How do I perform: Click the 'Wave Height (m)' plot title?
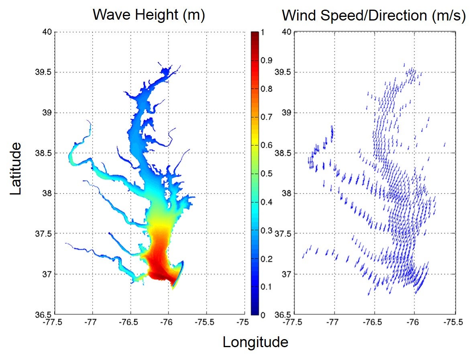coord(149,15)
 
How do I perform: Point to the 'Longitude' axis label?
coord(255,342)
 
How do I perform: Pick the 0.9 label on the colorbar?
coord(267,60)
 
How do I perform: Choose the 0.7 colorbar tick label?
coord(267,117)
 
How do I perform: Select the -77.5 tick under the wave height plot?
coord(54,322)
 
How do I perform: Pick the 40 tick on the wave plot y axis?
coord(47,32)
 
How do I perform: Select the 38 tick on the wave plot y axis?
coord(47,193)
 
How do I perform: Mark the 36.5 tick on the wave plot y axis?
coord(45,314)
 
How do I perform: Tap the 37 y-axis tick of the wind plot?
coord(287,274)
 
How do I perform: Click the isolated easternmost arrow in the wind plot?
coord(444,144)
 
